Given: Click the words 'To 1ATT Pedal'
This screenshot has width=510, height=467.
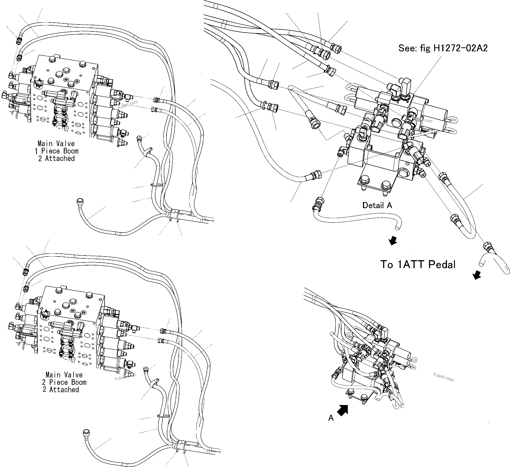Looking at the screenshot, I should [x=418, y=265].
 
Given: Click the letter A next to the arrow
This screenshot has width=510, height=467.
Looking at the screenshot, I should [x=331, y=418].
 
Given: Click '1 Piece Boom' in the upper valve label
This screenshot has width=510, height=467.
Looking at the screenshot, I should [x=56, y=151].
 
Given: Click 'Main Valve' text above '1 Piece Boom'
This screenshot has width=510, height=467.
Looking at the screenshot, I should [x=56, y=144].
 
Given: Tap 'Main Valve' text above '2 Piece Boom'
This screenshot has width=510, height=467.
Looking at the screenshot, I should [x=64, y=375].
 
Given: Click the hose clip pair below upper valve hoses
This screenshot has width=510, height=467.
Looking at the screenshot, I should [x=175, y=215].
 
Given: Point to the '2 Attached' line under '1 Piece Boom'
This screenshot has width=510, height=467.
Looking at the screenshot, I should [x=56, y=158].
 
